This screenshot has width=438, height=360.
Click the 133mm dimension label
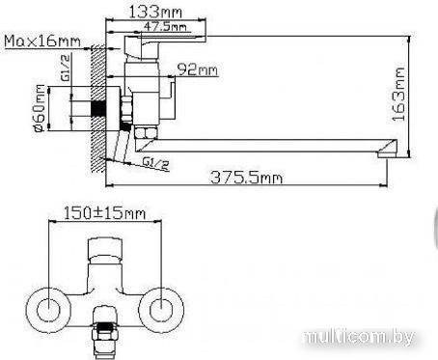point(155,13)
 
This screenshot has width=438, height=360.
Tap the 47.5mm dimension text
point(165,26)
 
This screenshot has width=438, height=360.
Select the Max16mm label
point(42,42)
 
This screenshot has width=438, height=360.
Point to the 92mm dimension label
point(198,69)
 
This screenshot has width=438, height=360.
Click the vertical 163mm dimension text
point(398,95)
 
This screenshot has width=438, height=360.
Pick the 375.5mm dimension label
point(247,178)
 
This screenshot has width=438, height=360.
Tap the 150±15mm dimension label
point(104,213)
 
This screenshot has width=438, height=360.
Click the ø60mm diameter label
point(39,108)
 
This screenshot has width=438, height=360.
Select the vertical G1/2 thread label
point(65,68)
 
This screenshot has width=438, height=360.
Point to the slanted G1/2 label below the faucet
point(156,163)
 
